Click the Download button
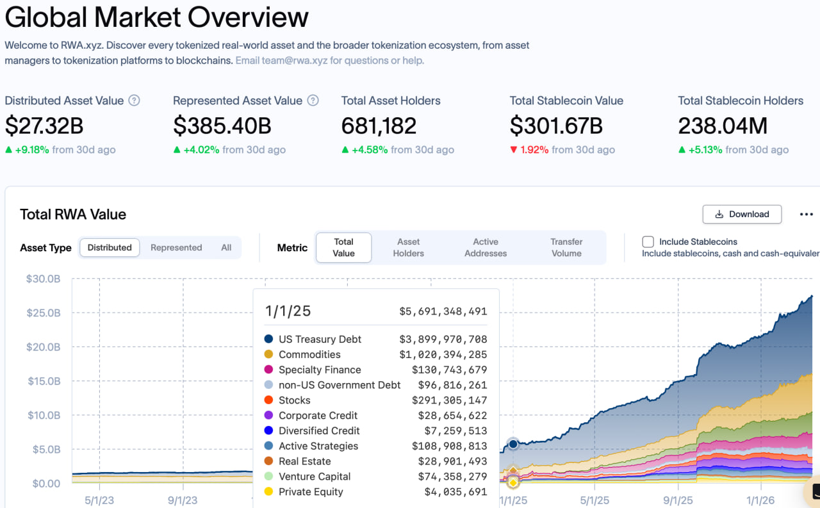coord(742,214)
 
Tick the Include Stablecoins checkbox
coord(648,242)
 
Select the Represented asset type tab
coord(176,248)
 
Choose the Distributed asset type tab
coord(110,248)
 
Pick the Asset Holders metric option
coord(408,247)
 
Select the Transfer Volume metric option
coord(566,247)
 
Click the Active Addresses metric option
coord(486,247)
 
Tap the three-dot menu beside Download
coord(806,215)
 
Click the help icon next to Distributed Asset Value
coord(134,101)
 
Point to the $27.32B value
coord(44,126)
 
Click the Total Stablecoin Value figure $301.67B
coord(555,126)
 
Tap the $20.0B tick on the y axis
coord(44,347)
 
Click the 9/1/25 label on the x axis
coord(678,500)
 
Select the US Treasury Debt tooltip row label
coord(320,340)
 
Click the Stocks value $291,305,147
coord(449,400)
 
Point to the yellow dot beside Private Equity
coord(268,492)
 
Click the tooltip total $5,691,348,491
coord(443,311)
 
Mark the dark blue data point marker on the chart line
coord(512,443)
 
